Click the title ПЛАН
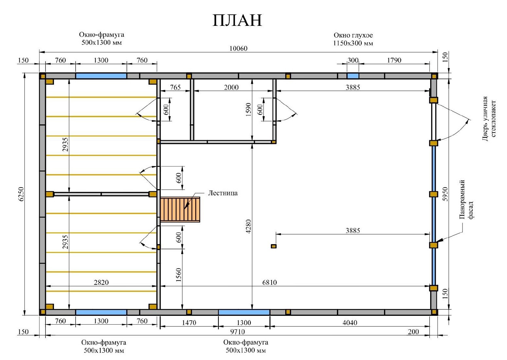coord(237,20)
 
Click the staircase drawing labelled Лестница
coord(180,209)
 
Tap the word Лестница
coord(223,193)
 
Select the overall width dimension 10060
coord(238,48)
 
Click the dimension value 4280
coord(248,226)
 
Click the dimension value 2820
coord(101,282)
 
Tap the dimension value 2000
coord(231,87)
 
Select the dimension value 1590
coord(248,110)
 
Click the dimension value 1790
coord(394,60)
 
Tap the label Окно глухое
coord(353,35)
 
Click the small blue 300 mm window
coord(353,76)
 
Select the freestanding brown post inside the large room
coord(273,246)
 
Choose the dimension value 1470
coord(189,323)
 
